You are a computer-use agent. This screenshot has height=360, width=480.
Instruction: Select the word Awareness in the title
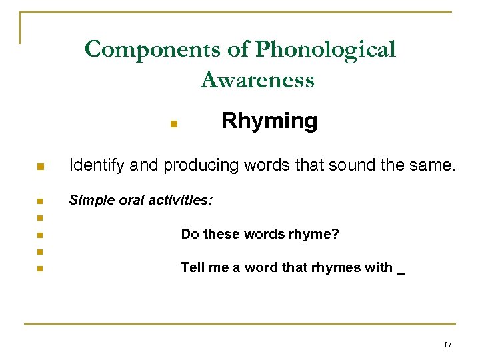point(257,81)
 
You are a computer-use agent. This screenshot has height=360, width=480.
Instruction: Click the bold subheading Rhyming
point(269,121)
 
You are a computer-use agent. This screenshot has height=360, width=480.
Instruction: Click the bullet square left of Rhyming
point(172,123)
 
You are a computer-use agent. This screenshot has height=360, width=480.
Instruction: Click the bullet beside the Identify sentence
point(40,167)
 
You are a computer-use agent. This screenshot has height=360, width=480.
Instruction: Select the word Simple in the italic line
point(91,199)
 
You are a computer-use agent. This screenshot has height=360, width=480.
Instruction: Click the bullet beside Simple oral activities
point(40,201)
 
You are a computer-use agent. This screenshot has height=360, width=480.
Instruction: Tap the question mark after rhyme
point(335,235)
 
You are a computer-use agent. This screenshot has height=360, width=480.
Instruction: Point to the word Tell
point(191,268)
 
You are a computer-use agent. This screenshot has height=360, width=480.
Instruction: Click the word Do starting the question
point(190,235)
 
